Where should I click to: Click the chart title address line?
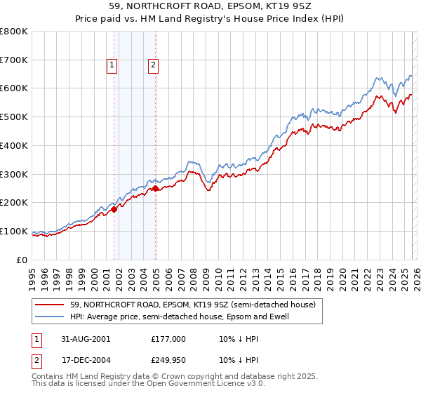click(x=210, y=8)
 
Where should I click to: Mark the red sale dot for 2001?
click(x=114, y=209)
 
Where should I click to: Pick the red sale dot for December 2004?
click(x=156, y=188)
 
